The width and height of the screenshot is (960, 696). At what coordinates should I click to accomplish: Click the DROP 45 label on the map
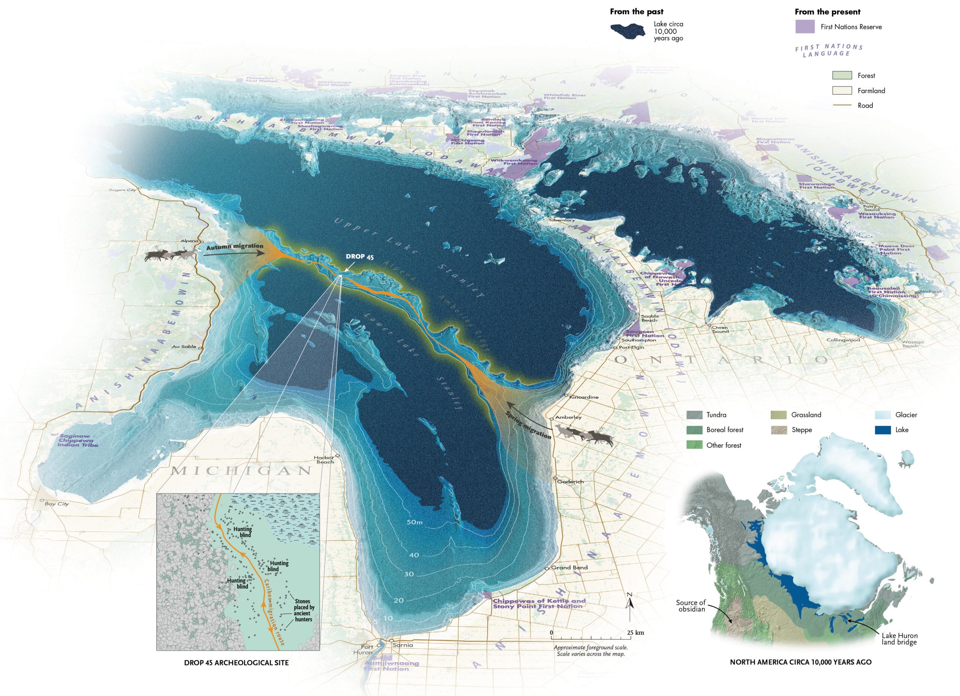(359, 256)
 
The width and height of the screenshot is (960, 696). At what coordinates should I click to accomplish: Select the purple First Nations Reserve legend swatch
(805, 27)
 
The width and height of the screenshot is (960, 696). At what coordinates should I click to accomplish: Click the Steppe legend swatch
(779, 430)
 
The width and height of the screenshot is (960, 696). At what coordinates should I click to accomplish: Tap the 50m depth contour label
(415, 522)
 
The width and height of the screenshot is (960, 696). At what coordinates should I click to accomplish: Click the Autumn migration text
(234, 246)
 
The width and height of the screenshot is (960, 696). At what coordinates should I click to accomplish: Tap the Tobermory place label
(562, 220)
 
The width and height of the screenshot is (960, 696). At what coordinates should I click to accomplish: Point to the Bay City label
(57, 504)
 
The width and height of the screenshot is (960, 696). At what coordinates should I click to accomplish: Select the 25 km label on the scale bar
(635, 633)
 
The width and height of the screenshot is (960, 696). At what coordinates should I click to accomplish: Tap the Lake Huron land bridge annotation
(900, 639)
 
